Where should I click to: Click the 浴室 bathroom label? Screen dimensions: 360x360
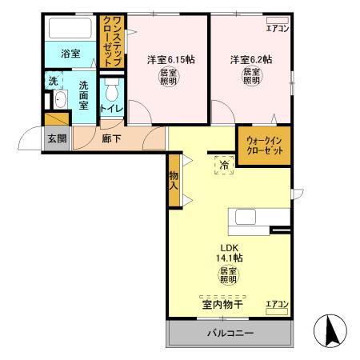coord(70,54)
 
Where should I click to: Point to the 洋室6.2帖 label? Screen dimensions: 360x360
coord(250,59)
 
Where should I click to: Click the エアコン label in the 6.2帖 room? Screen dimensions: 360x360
coord(277,30)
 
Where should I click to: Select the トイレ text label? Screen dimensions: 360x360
coord(111,108)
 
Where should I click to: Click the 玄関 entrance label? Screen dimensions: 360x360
coord(56,138)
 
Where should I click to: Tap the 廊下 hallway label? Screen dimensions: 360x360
coord(112,138)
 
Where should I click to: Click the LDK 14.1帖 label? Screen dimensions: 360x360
coord(227,253)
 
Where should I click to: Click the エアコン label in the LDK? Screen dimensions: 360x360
coord(276,304)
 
